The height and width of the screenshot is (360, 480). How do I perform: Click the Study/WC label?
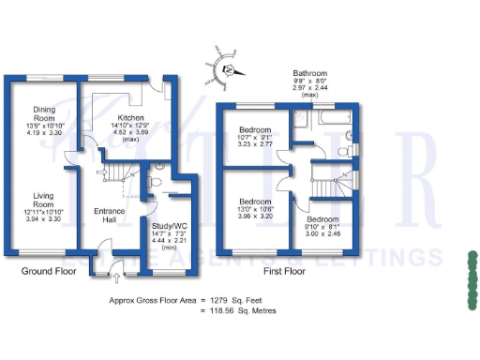pyautogui.click(x=170, y=225)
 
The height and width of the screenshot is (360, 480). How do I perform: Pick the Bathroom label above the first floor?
pyautogui.click(x=309, y=73)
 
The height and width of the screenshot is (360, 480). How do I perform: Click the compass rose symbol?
pyautogui.click(x=226, y=67)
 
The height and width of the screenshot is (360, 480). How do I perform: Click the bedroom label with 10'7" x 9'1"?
pyautogui.click(x=254, y=129)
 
